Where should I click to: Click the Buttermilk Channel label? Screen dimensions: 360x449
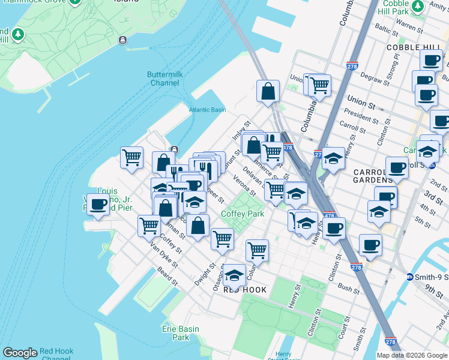[x=163, y=78]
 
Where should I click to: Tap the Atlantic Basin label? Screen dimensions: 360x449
[x=207, y=110]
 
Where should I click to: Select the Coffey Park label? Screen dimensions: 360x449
[x=243, y=214]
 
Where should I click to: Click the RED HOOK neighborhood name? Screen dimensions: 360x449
[x=245, y=290]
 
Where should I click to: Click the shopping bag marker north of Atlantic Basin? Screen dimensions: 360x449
[x=268, y=91]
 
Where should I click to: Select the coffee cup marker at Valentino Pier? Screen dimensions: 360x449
[x=98, y=204]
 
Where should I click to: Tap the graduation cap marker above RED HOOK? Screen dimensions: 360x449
[x=234, y=275]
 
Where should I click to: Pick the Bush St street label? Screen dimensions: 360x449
[x=348, y=289]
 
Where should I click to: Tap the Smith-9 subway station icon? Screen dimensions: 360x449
[x=410, y=277]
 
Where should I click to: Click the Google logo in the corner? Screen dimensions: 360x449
[x=20, y=353]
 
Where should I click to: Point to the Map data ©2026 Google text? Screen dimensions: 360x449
[x=412, y=355]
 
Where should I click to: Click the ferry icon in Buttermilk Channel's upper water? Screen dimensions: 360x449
[x=122, y=40]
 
